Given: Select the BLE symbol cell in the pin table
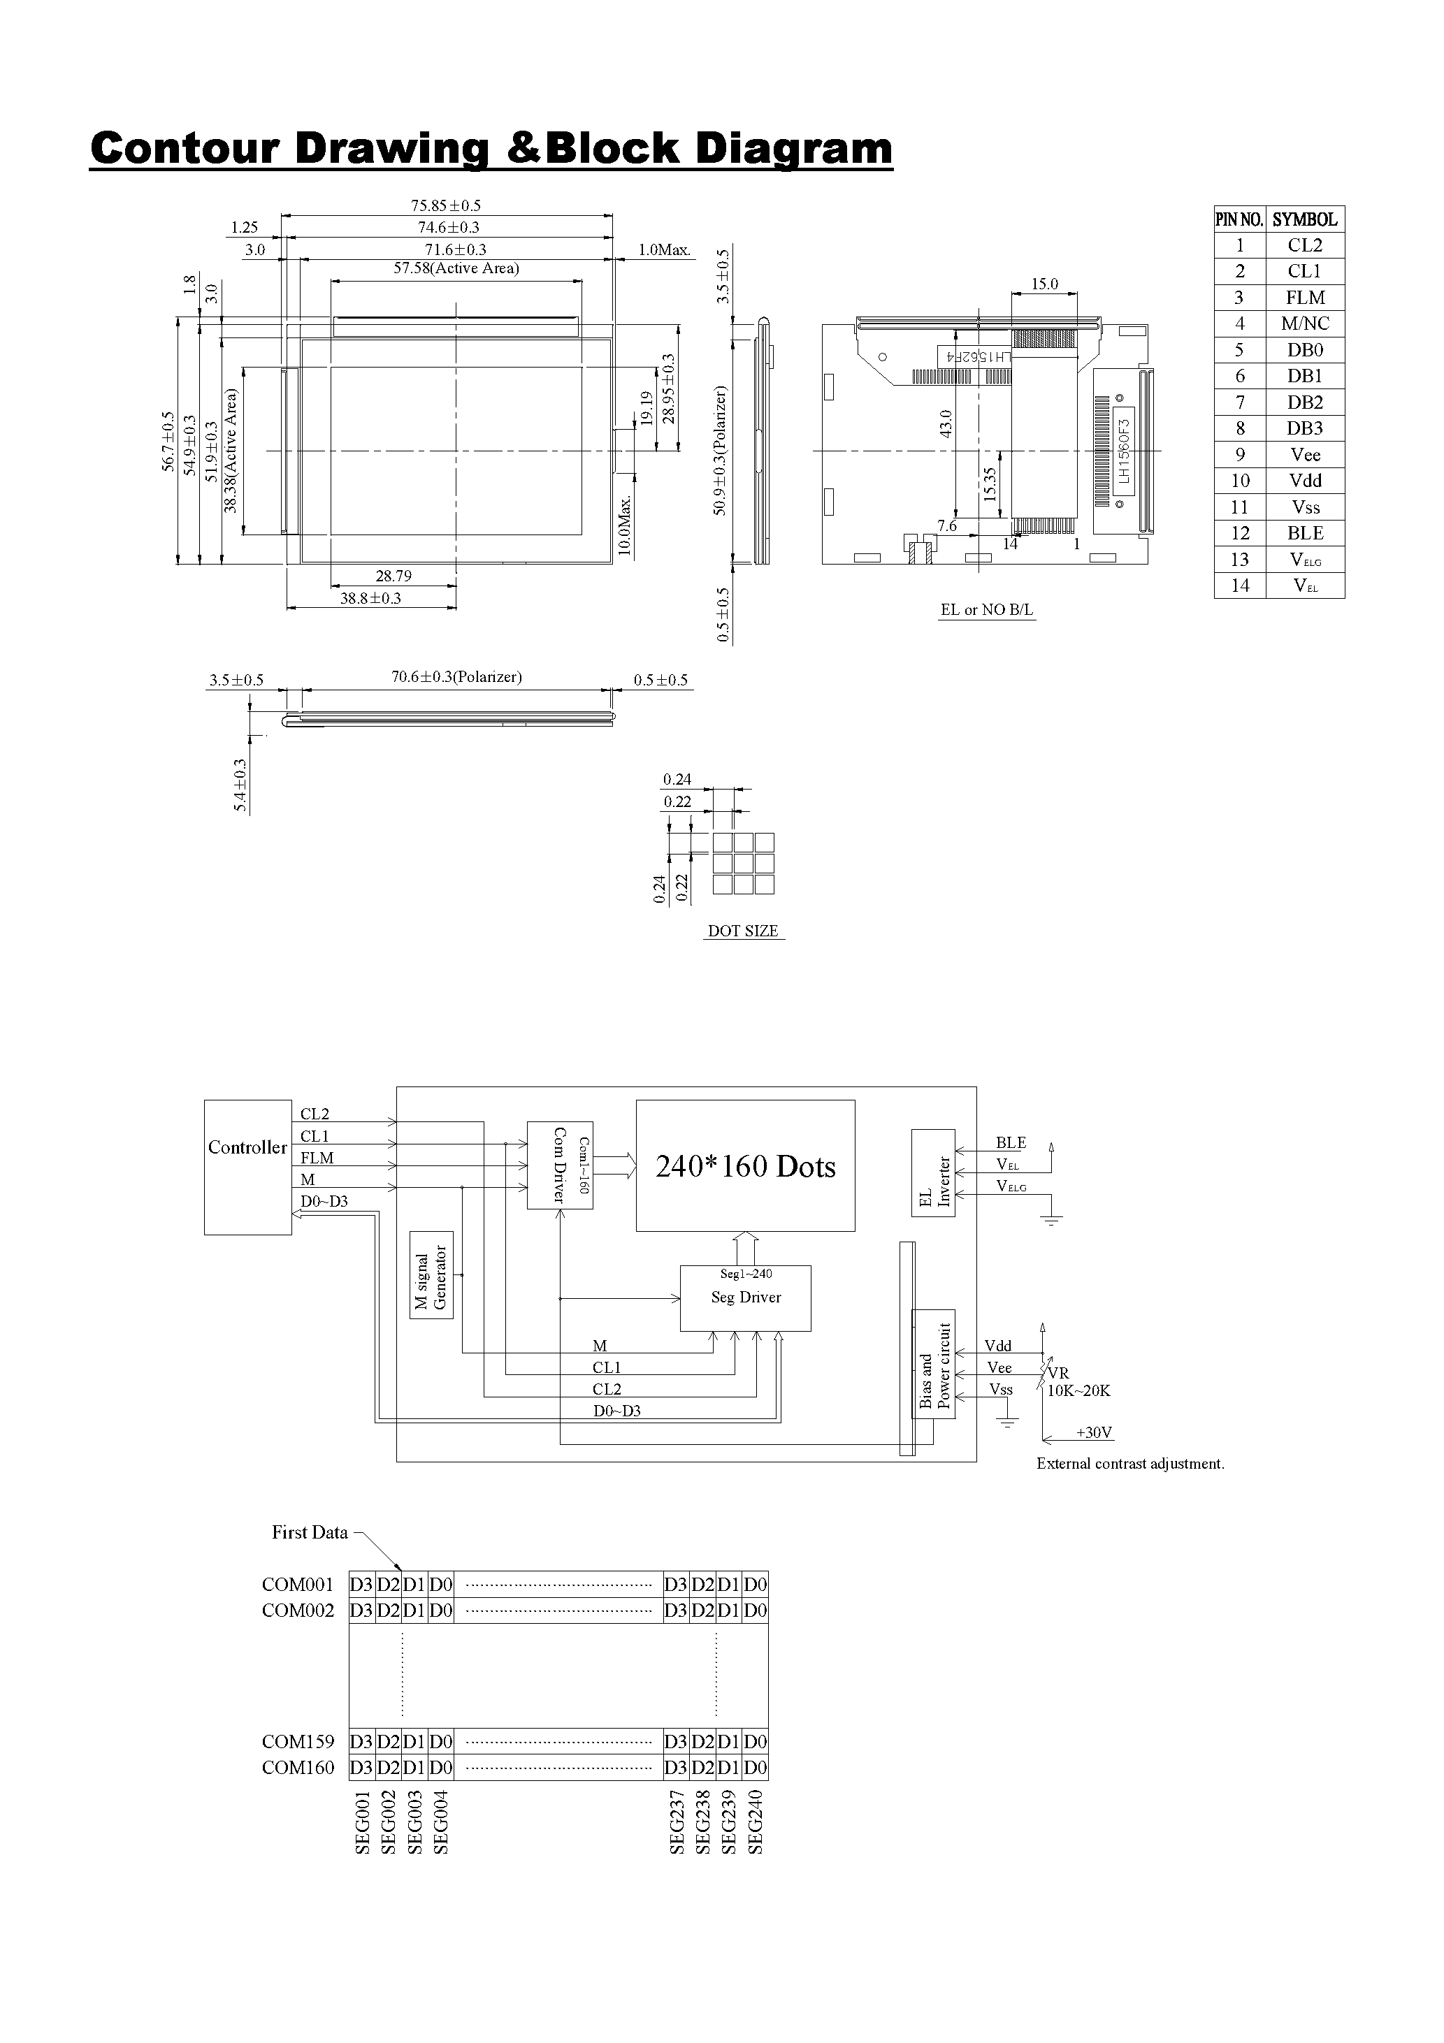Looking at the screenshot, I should [x=1304, y=533].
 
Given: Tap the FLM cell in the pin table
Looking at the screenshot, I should [x=1304, y=297].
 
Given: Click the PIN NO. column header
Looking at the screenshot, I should [x=1239, y=219].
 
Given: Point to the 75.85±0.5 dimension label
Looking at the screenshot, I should [x=446, y=205].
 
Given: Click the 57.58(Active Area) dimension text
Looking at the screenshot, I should [x=456, y=268].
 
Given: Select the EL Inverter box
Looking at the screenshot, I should [x=933, y=1172].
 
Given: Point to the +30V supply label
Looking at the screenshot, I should [x=1094, y=1432].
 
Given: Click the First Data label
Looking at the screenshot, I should [x=309, y=1532].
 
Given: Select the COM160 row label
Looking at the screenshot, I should [x=297, y=1767].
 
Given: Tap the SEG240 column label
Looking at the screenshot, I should [x=756, y=1822].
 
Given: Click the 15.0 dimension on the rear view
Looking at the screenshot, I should [x=1044, y=284].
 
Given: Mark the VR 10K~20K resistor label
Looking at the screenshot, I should [x=1077, y=1382].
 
